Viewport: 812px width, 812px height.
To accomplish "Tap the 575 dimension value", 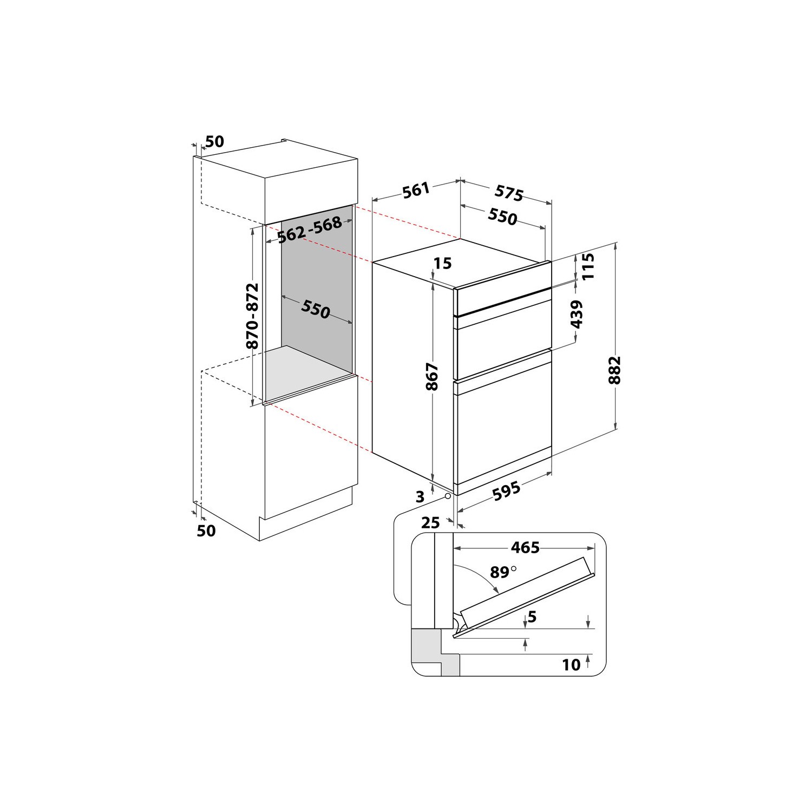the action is [x=509, y=193].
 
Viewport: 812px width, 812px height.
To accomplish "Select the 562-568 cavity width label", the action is [x=309, y=230].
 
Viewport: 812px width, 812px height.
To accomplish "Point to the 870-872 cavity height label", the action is [x=252, y=317].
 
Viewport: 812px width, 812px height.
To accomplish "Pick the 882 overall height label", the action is [x=614, y=370].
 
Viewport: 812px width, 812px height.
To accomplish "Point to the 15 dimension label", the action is [x=443, y=264].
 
